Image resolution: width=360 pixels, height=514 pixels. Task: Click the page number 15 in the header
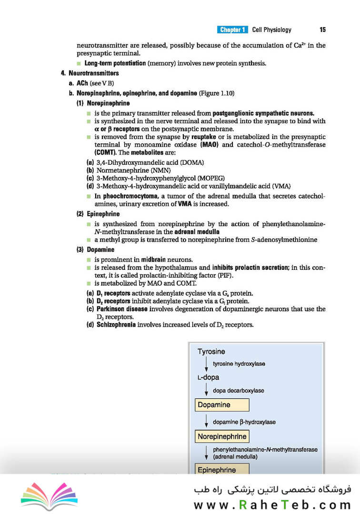click(x=322, y=30)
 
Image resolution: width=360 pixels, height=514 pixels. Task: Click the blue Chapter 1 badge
click(x=232, y=30)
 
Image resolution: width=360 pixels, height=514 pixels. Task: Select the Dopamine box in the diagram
click(x=222, y=405)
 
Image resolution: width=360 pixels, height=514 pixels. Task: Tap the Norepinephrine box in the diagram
click(x=222, y=436)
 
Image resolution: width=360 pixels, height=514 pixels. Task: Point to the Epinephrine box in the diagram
click(x=222, y=469)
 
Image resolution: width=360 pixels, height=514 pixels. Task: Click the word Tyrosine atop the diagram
click(x=211, y=352)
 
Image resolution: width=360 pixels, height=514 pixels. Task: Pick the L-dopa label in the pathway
click(x=208, y=377)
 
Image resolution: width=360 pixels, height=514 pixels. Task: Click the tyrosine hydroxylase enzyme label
click(x=239, y=364)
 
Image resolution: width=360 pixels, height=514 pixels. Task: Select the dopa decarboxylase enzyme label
click(x=239, y=391)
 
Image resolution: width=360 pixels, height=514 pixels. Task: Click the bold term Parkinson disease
click(x=117, y=309)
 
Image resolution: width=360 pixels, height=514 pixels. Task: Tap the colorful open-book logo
click(x=49, y=495)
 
